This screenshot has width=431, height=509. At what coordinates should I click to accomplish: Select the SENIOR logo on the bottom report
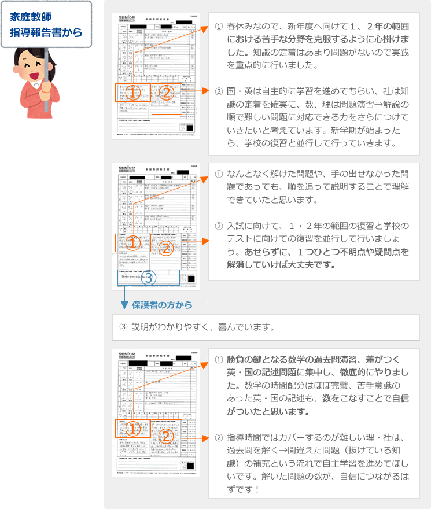[x=126, y=354]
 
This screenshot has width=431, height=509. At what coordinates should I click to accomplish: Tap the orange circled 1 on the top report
[x=132, y=93]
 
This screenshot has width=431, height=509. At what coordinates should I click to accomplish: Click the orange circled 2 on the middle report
[x=165, y=248]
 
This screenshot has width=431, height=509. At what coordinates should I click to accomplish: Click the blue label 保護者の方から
[x=162, y=304]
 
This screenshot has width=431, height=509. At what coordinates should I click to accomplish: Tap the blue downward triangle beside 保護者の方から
[x=124, y=305]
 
